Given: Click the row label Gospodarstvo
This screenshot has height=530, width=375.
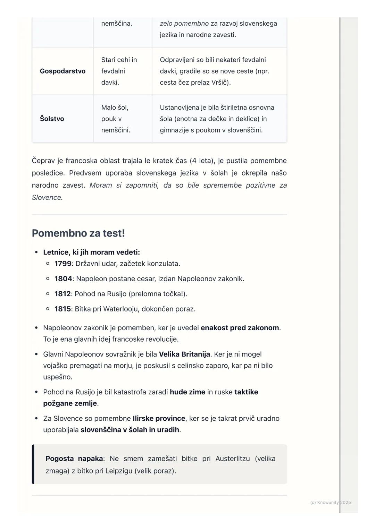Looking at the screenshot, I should (62, 71).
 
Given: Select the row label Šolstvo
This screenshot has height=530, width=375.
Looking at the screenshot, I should (52, 119).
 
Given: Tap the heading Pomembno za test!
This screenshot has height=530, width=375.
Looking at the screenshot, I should (78, 233).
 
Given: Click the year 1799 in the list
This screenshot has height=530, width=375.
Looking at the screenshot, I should (63, 264).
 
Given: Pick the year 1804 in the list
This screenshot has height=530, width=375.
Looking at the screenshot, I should (63, 279).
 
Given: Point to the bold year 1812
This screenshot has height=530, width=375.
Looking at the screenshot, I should (62, 294).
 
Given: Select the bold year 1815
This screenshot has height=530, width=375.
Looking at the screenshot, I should (62, 309).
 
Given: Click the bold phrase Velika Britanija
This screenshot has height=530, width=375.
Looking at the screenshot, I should (184, 354).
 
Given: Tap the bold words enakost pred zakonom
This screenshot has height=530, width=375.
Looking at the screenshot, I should (240, 328).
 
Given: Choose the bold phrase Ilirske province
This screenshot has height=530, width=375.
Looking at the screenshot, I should (159, 418).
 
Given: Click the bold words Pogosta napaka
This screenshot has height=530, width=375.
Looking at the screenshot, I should (74, 459).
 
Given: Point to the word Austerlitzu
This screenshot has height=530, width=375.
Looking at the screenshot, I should (232, 459).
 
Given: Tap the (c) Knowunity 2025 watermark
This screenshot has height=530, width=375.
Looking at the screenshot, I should (330, 502).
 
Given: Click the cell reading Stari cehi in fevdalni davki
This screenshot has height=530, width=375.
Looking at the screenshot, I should (119, 71).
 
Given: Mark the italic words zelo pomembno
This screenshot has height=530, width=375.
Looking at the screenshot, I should (184, 24).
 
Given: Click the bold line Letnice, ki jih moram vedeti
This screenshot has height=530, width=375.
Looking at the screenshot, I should (91, 252).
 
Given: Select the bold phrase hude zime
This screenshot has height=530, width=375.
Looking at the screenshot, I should (187, 392).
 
